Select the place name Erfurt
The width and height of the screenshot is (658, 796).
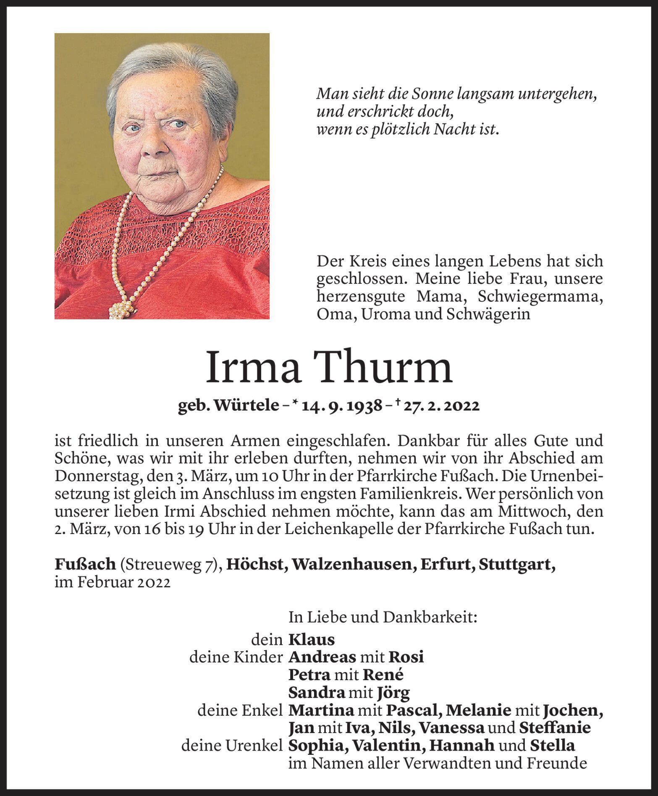pyautogui.click(x=442, y=565)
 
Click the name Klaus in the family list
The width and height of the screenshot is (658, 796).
pyautogui.click(x=312, y=640)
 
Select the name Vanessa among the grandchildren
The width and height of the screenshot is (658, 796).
pyautogui.click(x=452, y=728)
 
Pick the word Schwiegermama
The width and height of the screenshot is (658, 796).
pyautogui.click(x=540, y=296)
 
